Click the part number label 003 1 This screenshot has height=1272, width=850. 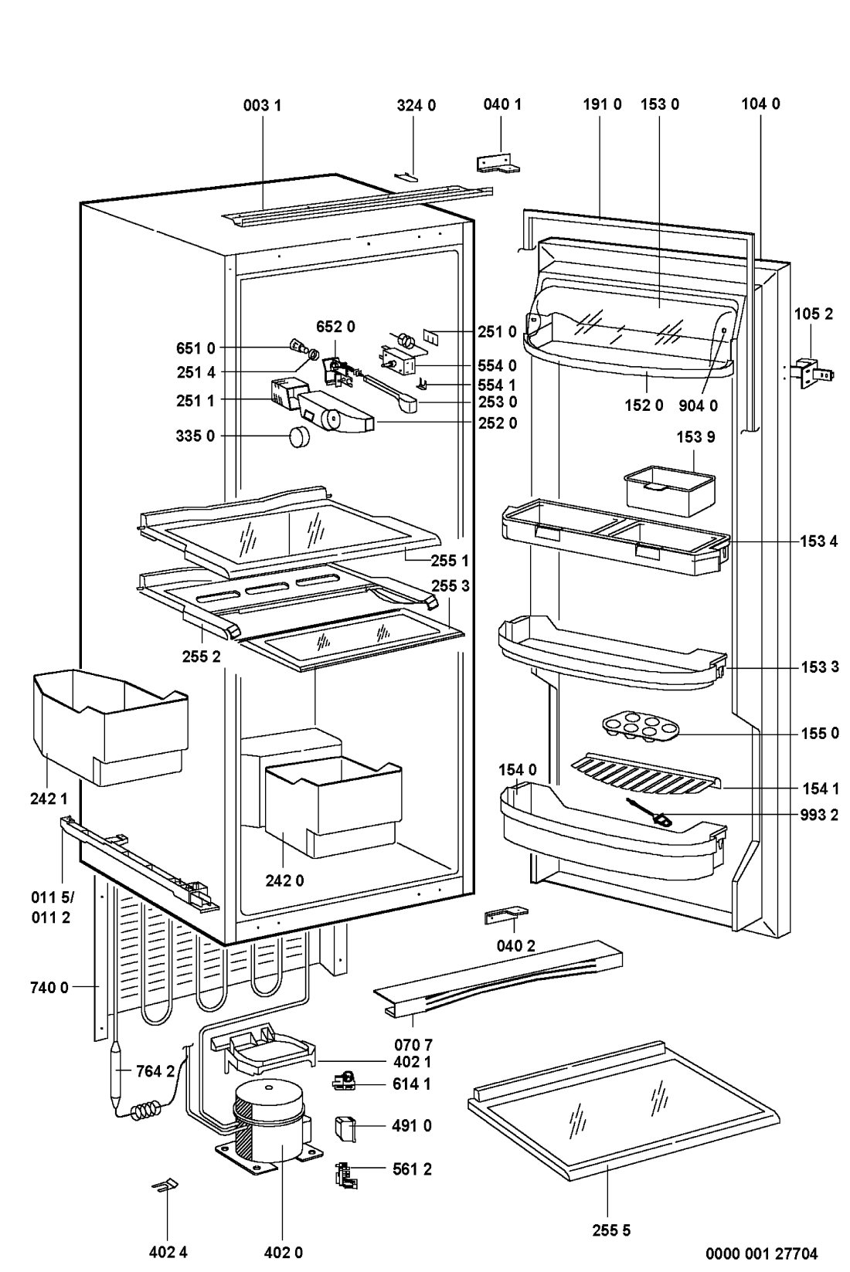(262, 104)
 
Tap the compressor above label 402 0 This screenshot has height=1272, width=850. (271, 1120)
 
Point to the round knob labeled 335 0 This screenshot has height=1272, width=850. (298, 436)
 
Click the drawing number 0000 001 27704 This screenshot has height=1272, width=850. (760, 1253)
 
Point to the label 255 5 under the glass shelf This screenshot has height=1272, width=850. (611, 1230)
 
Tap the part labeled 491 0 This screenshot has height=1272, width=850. (345, 1129)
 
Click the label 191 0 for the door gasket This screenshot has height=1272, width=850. (602, 104)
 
